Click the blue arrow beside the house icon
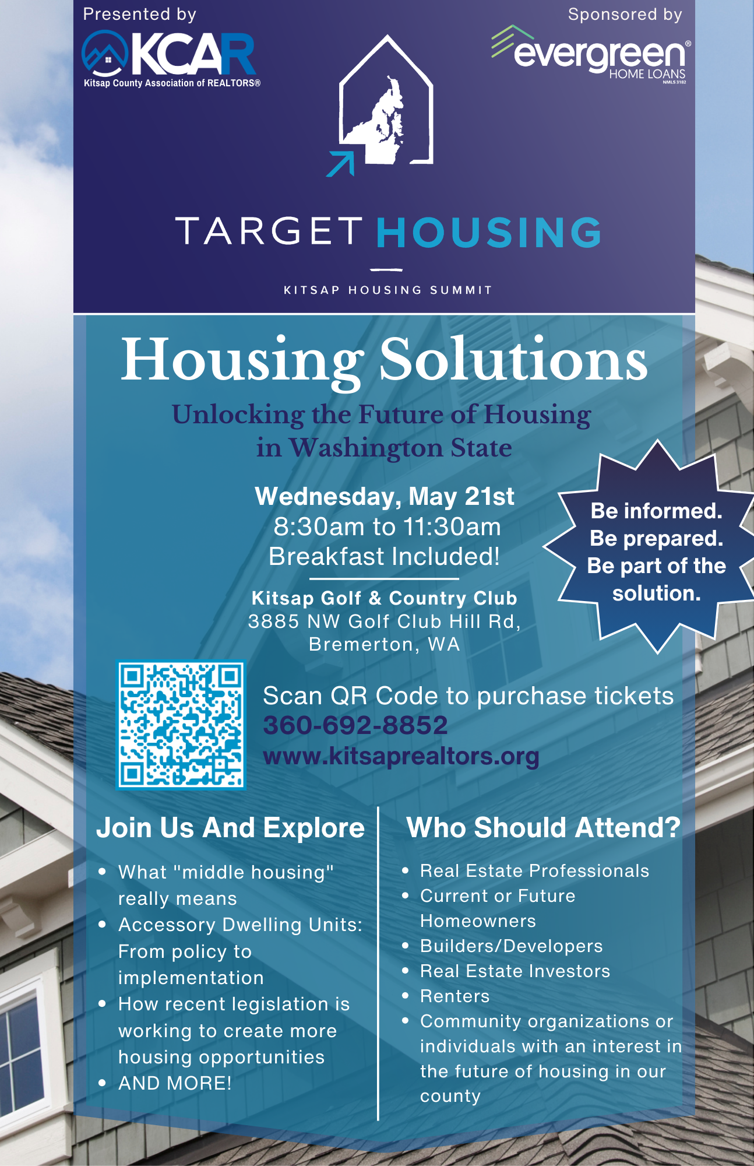[341, 163]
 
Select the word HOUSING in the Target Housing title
[489, 232]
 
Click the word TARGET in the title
[269, 231]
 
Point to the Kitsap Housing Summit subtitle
[387, 290]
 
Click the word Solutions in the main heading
[513, 360]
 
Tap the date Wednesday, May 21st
[385, 496]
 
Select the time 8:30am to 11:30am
[387, 526]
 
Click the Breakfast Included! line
[384, 556]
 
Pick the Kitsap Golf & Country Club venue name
[384, 598]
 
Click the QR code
[181, 725]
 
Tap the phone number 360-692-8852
[355, 725]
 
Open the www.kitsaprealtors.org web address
[401, 756]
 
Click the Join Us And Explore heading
[230, 828]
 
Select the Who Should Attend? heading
[544, 827]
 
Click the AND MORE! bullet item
[175, 1083]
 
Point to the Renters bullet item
[454, 996]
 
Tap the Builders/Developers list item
[511, 946]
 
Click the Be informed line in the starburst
[656, 511]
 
